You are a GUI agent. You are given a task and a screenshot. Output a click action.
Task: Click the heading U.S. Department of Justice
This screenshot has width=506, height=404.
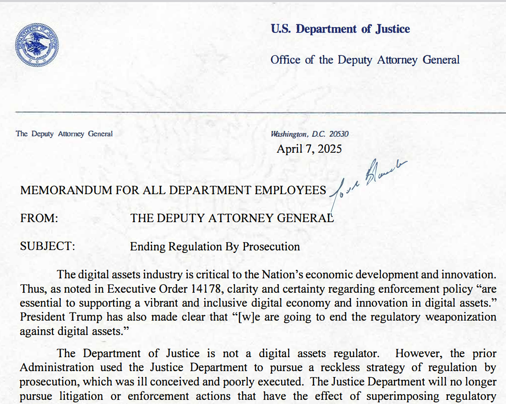[340, 29]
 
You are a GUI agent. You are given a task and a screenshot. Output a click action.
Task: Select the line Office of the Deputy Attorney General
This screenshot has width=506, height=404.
[365, 60]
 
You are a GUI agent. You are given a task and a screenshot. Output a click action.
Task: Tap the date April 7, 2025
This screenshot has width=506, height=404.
[309, 149]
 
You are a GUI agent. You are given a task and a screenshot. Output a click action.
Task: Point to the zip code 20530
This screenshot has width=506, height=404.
[339, 134]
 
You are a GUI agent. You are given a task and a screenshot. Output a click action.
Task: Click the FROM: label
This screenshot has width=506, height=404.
[39, 218]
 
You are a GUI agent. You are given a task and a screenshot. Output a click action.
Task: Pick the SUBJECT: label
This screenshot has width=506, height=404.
[48, 246]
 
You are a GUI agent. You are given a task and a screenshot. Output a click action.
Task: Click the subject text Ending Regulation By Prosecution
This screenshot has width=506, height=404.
[215, 246]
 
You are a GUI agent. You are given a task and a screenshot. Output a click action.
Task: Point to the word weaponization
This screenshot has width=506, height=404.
[461, 317]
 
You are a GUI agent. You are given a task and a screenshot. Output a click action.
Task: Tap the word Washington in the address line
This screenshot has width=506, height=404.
[289, 134]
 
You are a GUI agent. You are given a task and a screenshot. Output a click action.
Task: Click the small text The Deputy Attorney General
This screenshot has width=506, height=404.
[64, 134]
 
